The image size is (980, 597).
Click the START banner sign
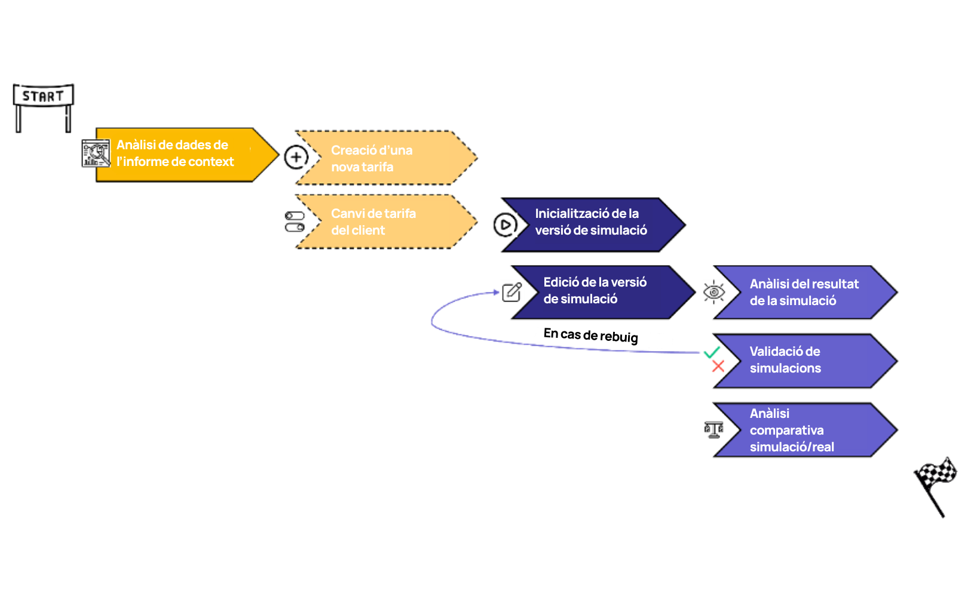click(43, 96)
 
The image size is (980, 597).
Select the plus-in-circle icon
click(296, 157)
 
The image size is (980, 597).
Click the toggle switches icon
click(295, 221)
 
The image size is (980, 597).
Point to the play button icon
click(506, 224)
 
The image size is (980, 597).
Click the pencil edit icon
click(512, 292)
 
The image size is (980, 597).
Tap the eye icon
click(714, 292)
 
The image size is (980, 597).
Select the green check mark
click(712, 352)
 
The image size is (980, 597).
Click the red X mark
click(718, 366)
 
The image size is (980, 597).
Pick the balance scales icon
click(713, 430)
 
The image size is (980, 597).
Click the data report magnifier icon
click(96, 153)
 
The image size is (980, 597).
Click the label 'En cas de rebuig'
click(590, 335)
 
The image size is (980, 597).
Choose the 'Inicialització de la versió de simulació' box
click(593, 224)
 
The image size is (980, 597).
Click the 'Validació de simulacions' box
click(806, 361)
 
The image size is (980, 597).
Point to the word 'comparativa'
click(786, 430)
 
